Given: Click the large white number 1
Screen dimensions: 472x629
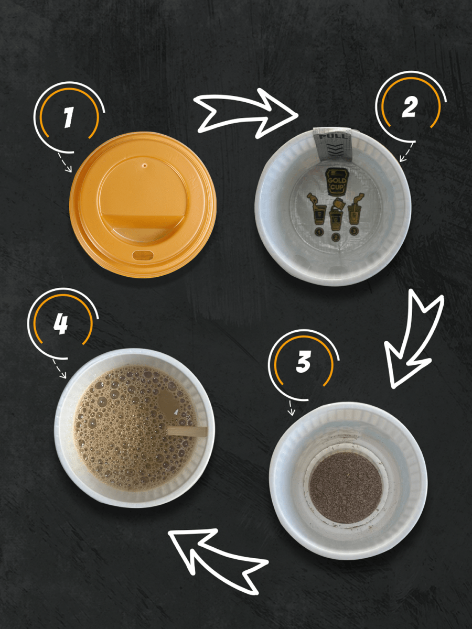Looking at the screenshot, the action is pyautogui.click(x=68, y=117).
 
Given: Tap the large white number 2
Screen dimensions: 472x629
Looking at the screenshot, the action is pyautogui.click(x=409, y=106).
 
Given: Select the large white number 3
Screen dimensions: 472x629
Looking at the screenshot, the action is pyautogui.click(x=303, y=362).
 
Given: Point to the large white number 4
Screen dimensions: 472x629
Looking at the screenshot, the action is pyautogui.click(x=60, y=324).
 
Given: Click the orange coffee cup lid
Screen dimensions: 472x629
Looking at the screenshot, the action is pyautogui.click(x=143, y=205).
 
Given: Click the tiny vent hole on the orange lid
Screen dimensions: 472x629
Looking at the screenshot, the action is pyautogui.click(x=145, y=165).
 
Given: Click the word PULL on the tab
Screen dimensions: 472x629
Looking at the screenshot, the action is pyautogui.click(x=332, y=136).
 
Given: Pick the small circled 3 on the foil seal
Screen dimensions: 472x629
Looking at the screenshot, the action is pyautogui.click(x=355, y=231).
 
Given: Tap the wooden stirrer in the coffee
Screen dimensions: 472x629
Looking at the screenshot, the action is pyautogui.click(x=187, y=431).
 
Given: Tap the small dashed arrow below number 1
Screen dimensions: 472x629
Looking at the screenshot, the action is pyautogui.click(x=65, y=162).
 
